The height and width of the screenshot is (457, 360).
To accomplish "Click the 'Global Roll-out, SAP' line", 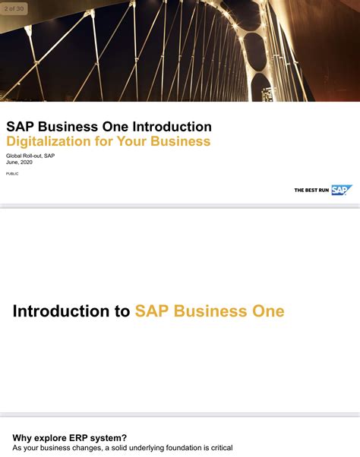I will (x=30, y=156).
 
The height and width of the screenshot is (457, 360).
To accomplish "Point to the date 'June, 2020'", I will (x=21, y=162).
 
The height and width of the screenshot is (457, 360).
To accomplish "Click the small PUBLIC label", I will (x=12, y=174).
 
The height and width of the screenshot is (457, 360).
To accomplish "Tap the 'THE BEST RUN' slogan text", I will (x=311, y=191).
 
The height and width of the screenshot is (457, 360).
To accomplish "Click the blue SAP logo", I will (x=340, y=190).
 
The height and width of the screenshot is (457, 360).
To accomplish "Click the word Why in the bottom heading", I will (x=24, y=437).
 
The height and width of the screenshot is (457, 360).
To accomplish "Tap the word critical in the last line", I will (x=218, y=448).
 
